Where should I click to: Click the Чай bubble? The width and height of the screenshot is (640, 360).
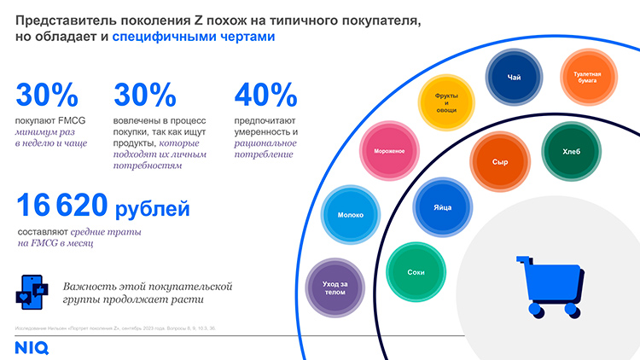514,78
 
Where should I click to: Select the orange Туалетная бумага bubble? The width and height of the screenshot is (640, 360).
587,78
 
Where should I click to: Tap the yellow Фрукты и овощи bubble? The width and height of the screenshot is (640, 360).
445,104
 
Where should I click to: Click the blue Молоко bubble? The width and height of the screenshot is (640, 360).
350,215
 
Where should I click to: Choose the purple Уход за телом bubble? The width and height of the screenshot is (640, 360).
335,287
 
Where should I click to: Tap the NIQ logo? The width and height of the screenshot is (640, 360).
32,347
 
